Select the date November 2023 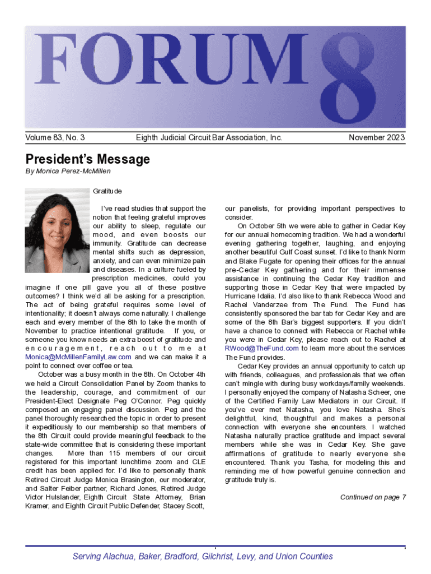(377, 137)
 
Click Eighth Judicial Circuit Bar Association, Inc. (209, 137)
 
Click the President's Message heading (88, 159)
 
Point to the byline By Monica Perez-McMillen (68, 171)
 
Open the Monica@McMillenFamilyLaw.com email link (79, 357)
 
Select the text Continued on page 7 (373, 497)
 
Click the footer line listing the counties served (203, 557)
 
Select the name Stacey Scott (187, 506)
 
